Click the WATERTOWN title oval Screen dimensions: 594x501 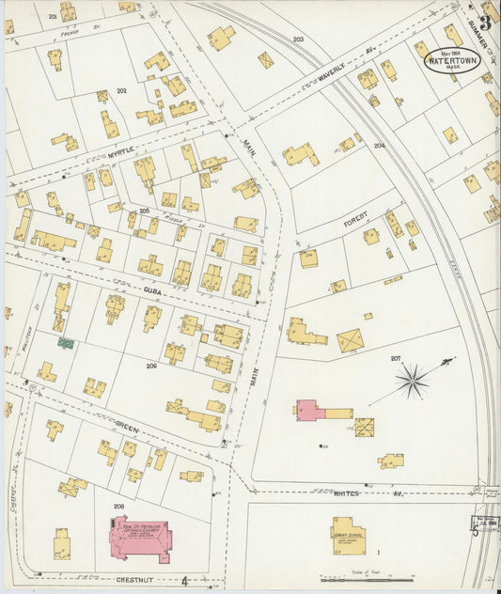coord(450,59)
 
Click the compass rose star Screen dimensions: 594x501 coord(412,380)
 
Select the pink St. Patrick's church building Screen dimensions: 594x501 coord(138,539)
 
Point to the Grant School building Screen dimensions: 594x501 coord(348,531)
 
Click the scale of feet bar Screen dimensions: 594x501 coord(353,579)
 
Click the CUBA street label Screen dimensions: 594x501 coord(153,291)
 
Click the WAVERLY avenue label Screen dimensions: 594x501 coord(332,73)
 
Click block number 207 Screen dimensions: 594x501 coord(396,358)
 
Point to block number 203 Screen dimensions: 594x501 coord(298,39)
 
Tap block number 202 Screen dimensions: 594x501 coord(121,90)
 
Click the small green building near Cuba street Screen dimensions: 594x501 coord(66,343)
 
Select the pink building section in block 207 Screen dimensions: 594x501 coord(307,411)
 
